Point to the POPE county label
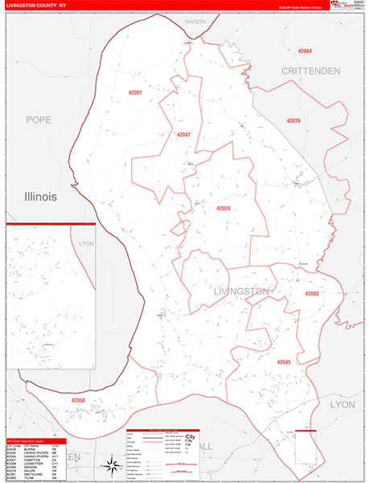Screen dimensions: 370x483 pyautogui.click(x=38, y=120)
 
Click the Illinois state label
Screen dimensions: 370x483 pyautogui.click(x=47, y=196)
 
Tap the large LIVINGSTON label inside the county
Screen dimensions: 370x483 pyautogui.click(x=242, y=291)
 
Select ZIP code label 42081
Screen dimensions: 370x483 pyautogui.click(x=135, y=93)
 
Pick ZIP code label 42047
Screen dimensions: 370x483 pyautogui.click(x=183, y=134)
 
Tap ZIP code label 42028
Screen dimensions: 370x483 pyautogui.click(x=223, y=208)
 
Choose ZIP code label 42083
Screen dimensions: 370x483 pyautogui.click(x=311, y=294)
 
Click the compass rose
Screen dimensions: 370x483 pyautogui.click(x=109, y=462)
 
